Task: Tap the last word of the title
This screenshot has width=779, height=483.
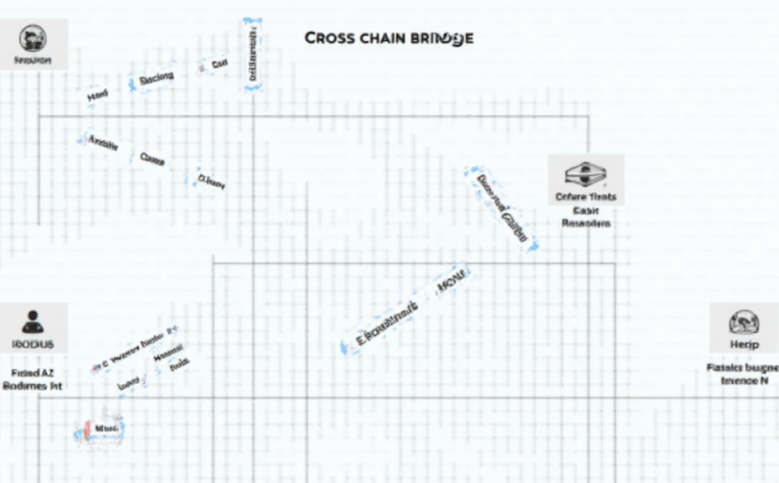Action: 441,39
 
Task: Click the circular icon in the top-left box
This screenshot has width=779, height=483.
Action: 33,37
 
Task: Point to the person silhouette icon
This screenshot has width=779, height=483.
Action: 33,319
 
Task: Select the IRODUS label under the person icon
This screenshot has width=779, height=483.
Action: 33,345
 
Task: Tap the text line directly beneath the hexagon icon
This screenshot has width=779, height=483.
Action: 586,197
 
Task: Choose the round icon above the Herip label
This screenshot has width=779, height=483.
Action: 743,320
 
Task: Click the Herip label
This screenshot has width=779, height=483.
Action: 743,345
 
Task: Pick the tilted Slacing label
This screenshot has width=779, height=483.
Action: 156,78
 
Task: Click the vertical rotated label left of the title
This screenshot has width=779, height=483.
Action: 251,53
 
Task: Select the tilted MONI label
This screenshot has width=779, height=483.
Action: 452,283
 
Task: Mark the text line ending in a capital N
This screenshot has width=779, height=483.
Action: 744,381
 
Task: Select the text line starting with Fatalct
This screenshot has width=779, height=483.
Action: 742,367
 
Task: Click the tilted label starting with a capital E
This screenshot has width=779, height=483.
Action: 383,325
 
